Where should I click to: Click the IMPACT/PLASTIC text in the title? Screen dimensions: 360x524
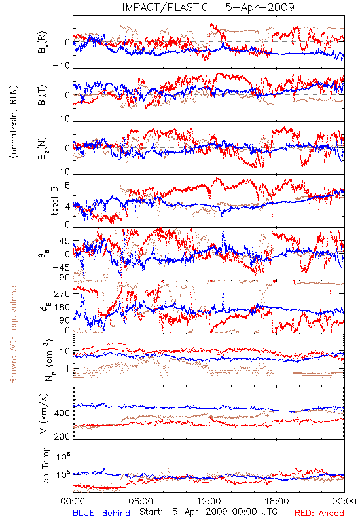coord(166,7)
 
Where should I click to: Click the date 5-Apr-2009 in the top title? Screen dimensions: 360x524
coord(260,7)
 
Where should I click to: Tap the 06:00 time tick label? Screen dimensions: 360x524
coord(141,501)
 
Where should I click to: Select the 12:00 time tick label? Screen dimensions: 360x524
coord(209,501)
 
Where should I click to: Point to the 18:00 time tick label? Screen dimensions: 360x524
coord(277,501)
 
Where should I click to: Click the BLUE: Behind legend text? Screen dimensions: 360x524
coord(101,513)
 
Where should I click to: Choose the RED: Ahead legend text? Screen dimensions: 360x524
coord(319,513)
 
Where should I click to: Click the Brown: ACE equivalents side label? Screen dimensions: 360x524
coord(13,333)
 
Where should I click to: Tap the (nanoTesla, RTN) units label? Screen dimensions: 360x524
coord(14,122)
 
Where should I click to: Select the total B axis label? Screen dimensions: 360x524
coord(54,200)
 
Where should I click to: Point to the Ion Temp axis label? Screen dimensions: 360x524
coord(45,466)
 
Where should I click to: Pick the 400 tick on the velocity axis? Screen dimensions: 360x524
coord(62,413)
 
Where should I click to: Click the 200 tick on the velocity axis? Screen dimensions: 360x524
coord(62,436)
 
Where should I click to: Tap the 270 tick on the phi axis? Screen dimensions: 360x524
coord(62,293)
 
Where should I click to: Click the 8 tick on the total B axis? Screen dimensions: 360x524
coord(67,185)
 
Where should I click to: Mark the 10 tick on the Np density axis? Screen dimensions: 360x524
coord(65,352)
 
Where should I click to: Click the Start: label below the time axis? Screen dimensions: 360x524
coord(151,512)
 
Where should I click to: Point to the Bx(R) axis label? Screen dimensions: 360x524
coord(43,43)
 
